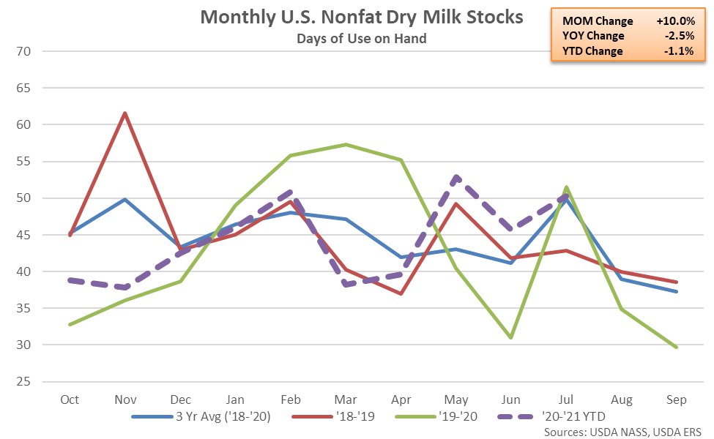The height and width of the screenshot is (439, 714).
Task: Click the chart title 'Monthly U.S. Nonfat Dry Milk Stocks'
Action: [362, 17]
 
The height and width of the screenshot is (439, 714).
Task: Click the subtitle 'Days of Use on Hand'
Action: [362, 38]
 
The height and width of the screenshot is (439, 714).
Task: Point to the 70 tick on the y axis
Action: [30, 51]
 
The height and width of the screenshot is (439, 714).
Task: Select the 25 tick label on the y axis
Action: [30, 382]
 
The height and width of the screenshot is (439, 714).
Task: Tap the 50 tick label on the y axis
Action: [30, 198]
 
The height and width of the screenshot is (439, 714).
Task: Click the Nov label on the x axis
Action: [125, 400]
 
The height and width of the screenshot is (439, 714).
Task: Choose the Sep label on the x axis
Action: [676, 400]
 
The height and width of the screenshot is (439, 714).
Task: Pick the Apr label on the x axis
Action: [401, 400]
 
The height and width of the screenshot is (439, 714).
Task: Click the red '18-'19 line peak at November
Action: [125, 113]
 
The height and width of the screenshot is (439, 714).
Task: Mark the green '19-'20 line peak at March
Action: [346, 144]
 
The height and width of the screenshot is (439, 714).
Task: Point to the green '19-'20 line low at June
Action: [510, 337]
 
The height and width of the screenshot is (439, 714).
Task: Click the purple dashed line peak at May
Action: [455, 177]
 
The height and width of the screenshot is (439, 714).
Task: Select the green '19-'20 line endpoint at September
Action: [676, 347]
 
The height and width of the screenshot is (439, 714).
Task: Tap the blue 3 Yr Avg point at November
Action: [125, 199]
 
